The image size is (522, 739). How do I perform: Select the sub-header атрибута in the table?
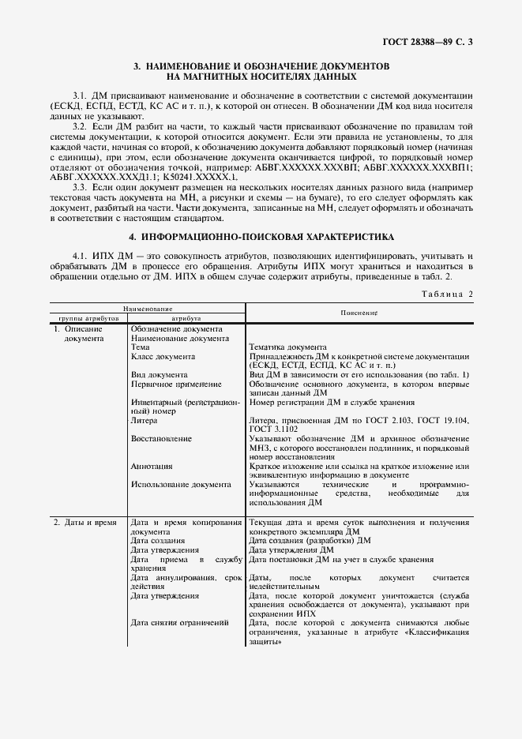[186, 318]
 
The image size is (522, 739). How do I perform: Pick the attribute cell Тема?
[140, 347]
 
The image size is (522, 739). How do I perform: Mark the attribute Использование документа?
[181, 485]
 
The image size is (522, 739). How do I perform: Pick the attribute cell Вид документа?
[160, 374]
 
